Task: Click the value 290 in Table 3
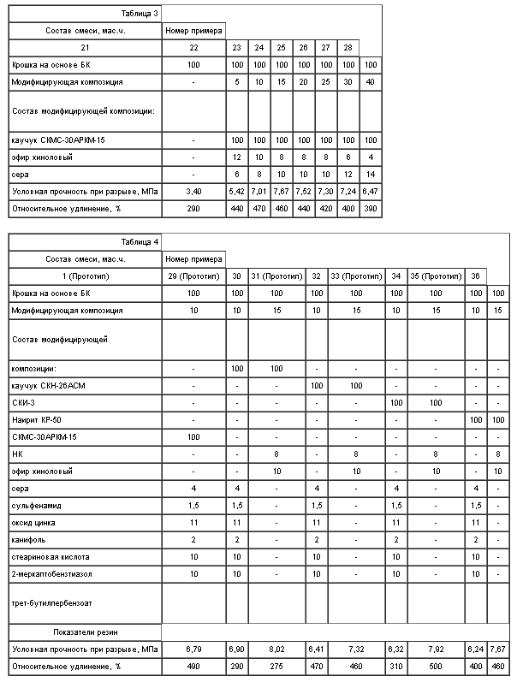pyautogui.click(x=194, y=208)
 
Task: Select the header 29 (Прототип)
pyautogui.click(x=194, y=276)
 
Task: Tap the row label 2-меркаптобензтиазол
pyautogui.click(x=52, y=572)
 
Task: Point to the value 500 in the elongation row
pyautogui.click(x=436, y=666)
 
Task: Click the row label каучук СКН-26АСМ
pyautogui.click(x=50, y=387)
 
